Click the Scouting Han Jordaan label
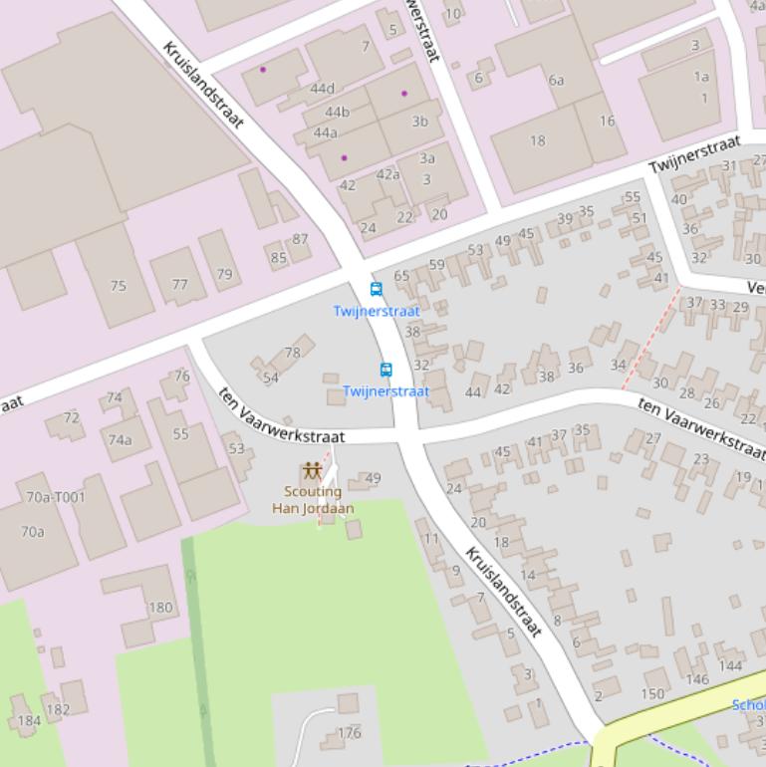click(x=313, y=499)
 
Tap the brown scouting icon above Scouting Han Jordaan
click(x=313, y=470)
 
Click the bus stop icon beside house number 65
click(x=376, y=290)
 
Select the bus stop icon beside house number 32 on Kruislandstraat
click(x=386, y=371)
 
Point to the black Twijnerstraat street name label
click(x=693, y=154)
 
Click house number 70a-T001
click(x=56, y=497)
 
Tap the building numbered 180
click(x=160, y=607)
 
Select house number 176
click(x=349, y=732)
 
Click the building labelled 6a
click(x=556, y=81)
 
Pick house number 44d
click(x=323, y=89)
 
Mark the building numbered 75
click(x=119, y=286)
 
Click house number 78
click(x=292, y=353)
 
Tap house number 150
click(x=652, y=693)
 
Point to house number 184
click(x=30, y=720)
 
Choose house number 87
click(x=300, y=239)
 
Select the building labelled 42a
click(x=387, y=174)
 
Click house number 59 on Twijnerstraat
click(x=436, y=265)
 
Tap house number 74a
click(x=121, y=440)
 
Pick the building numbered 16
click(x=607, y=121)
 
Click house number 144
click(x=730, y=665)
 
